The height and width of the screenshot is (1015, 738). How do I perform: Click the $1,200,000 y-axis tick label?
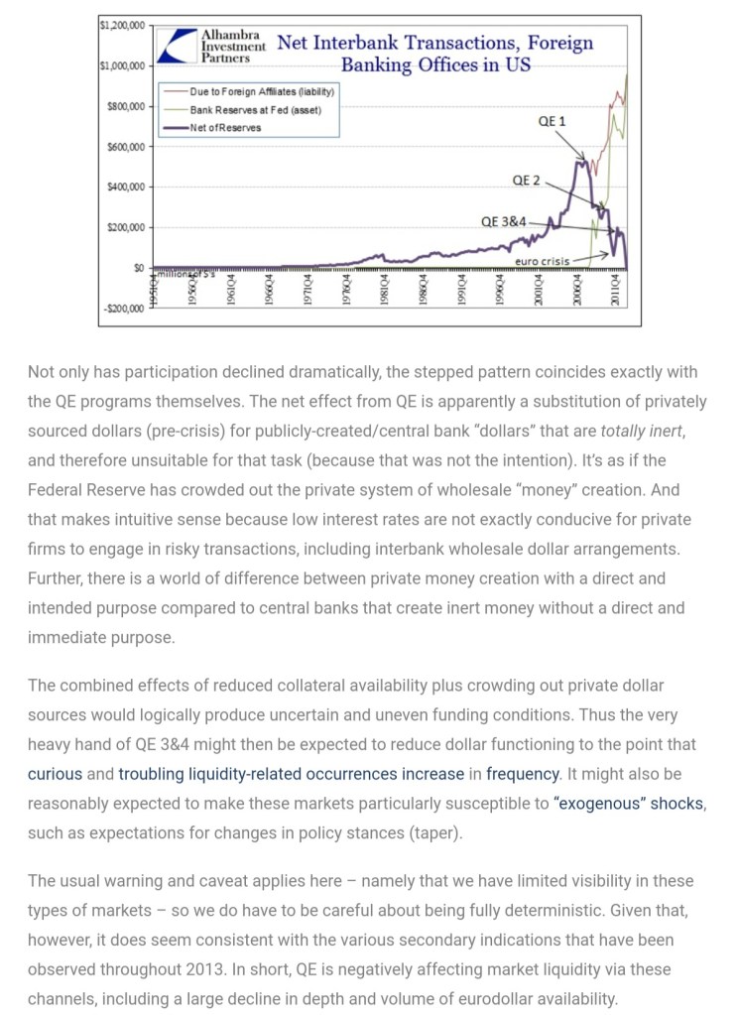tap(121, 24)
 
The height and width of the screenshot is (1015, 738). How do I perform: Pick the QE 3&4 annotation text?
tap(504, 221)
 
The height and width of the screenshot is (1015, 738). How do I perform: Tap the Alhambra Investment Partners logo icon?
tap(177, 45)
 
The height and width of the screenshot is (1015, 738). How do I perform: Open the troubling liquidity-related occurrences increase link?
tap(292, 773)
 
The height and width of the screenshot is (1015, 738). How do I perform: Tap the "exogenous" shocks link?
tap(629, 802)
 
